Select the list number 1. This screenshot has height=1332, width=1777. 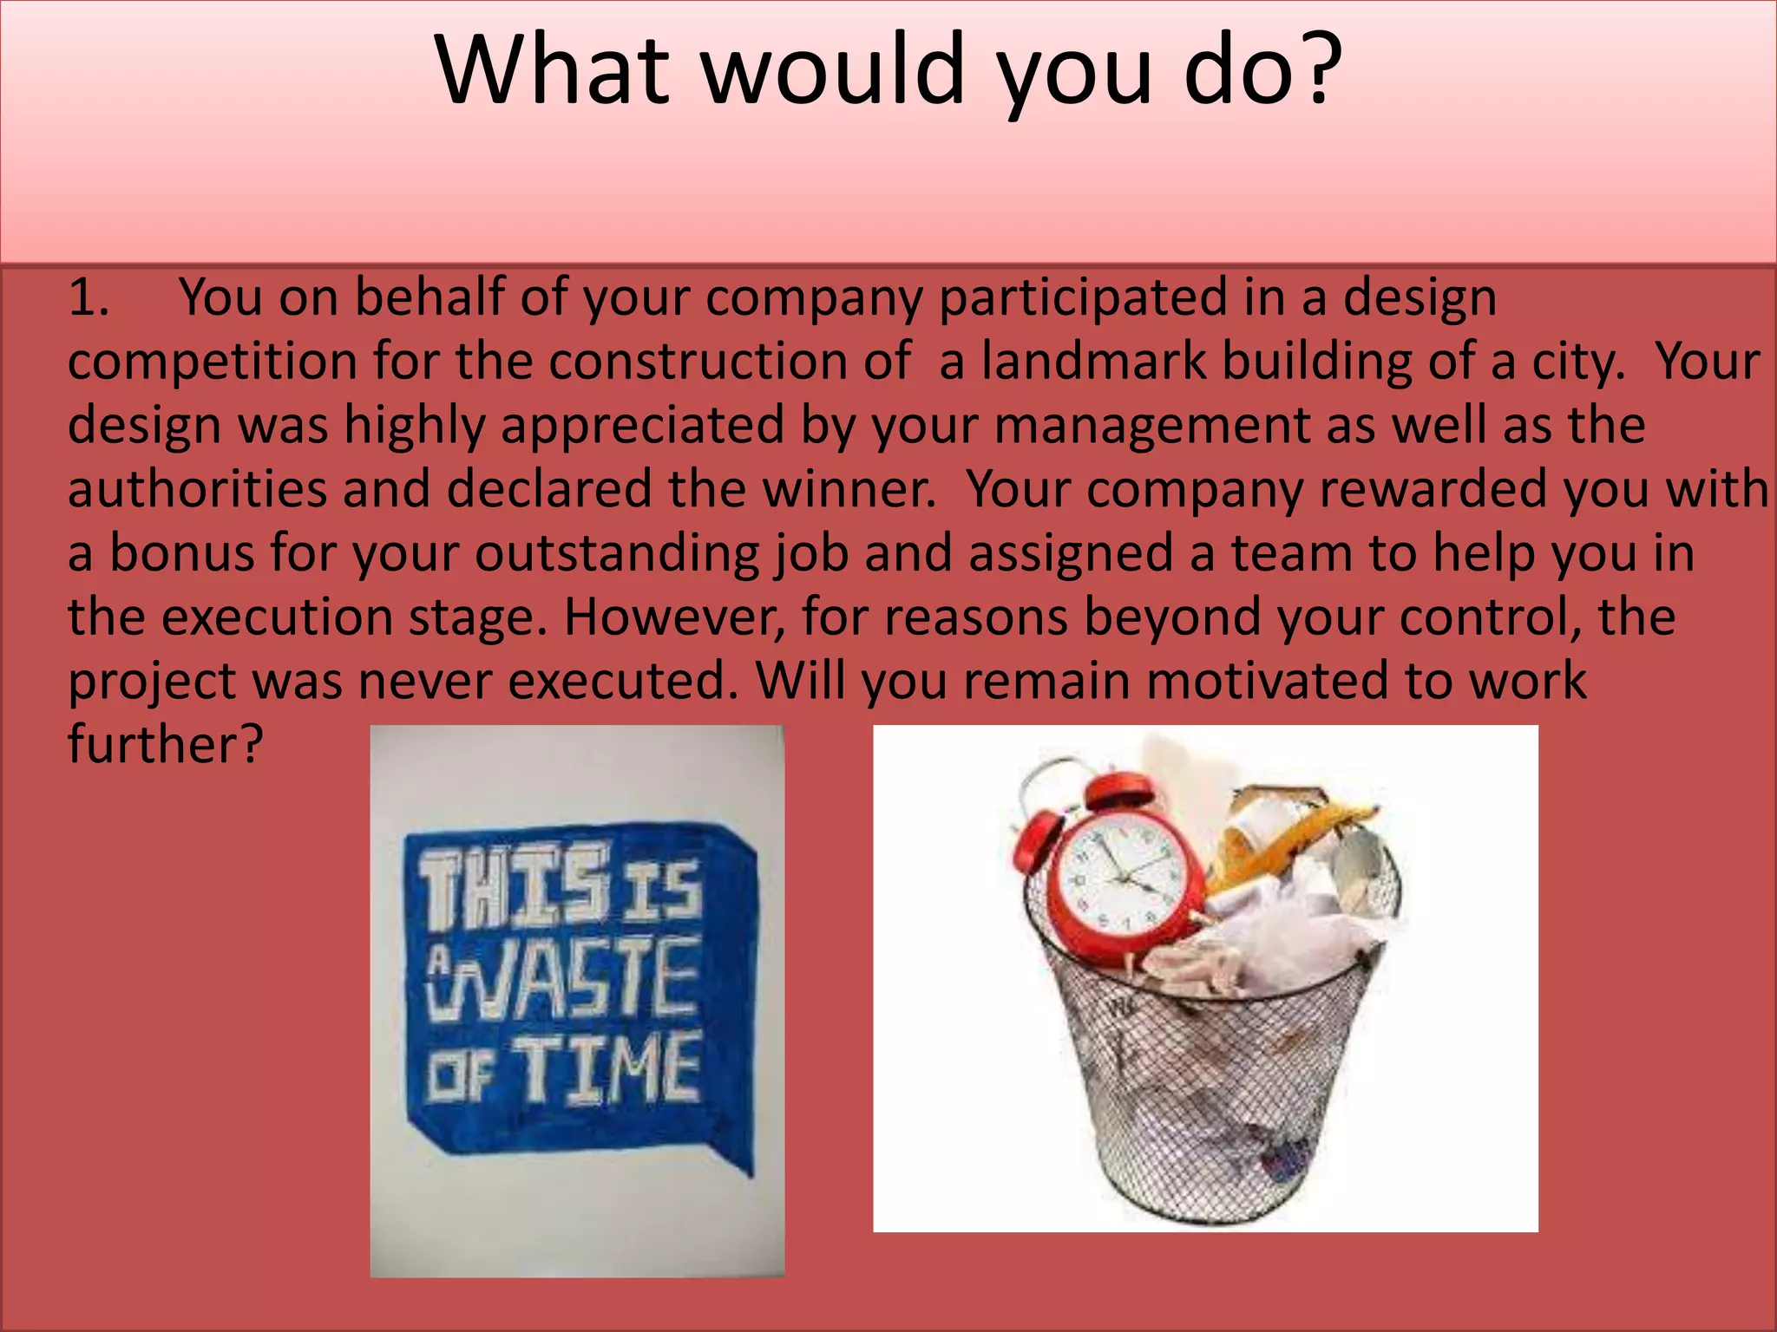pos(88,297)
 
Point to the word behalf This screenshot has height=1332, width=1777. pos(429,297)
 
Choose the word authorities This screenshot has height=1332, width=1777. pos(197,489)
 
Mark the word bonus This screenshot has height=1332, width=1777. pos(181,553)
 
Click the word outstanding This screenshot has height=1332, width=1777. pos(616,553)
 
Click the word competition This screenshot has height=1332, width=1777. pos(213,361)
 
